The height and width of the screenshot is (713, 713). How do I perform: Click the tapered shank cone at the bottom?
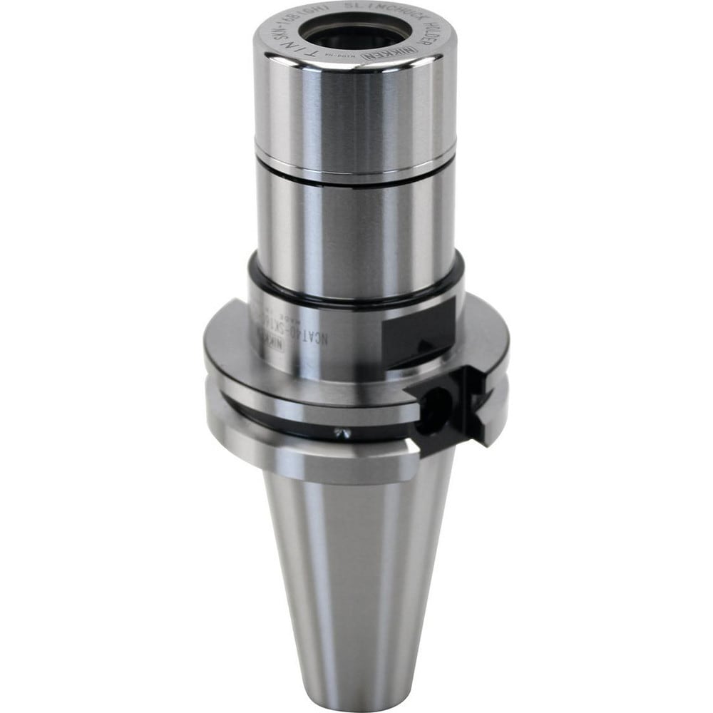[356, 585]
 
